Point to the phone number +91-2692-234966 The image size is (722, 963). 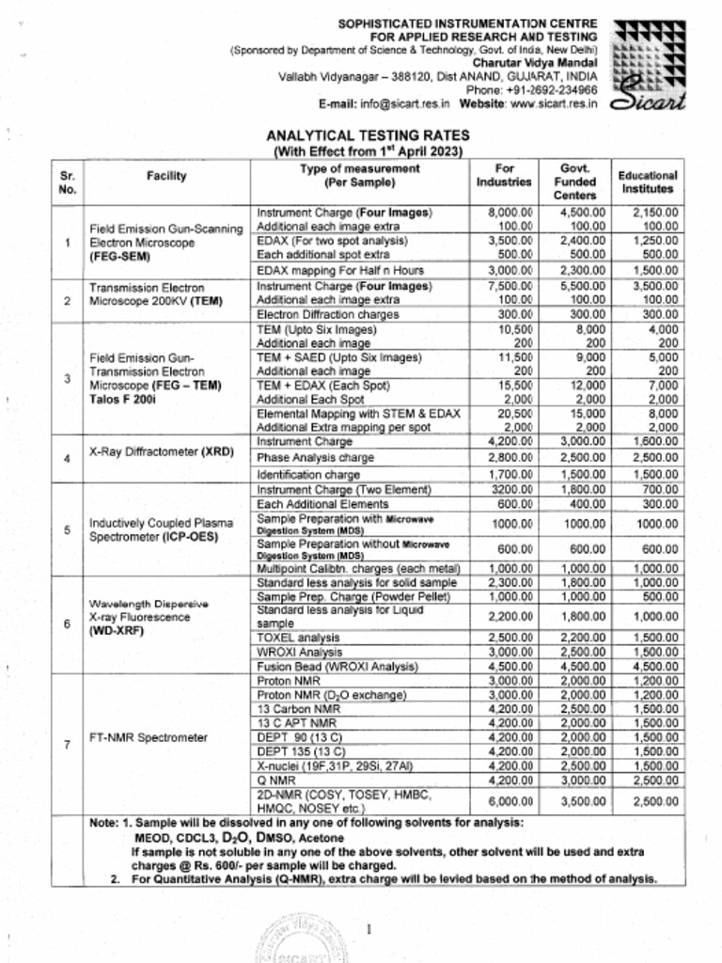550,89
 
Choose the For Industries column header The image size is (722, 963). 504,175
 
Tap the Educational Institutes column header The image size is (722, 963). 647,182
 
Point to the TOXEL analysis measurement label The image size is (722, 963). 286,637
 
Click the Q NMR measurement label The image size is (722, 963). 273,779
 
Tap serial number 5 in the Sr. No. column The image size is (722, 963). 67,529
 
